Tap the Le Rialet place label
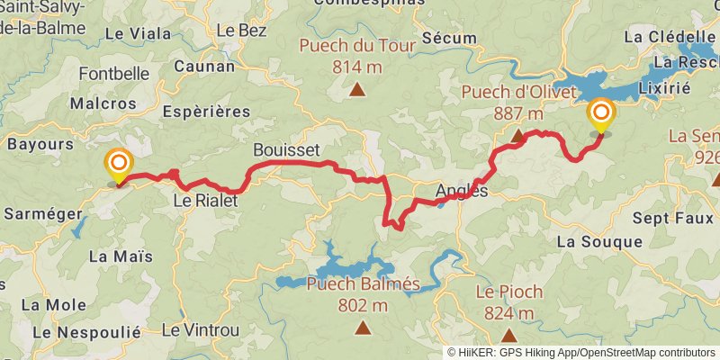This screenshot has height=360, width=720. coord(205,202)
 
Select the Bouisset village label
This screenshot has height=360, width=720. coord(286,149)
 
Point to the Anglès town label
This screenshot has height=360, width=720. coord(461,191)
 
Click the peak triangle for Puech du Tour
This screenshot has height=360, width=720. coord(358,88)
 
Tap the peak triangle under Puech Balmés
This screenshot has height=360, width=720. coord(363,328)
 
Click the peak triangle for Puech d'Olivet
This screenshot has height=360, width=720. coord(517,136)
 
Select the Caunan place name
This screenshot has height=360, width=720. coord(204,66)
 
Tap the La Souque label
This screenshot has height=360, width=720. coord(599,241)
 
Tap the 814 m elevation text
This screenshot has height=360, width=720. coord(357,66)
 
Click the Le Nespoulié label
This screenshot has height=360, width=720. coord(86,332)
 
